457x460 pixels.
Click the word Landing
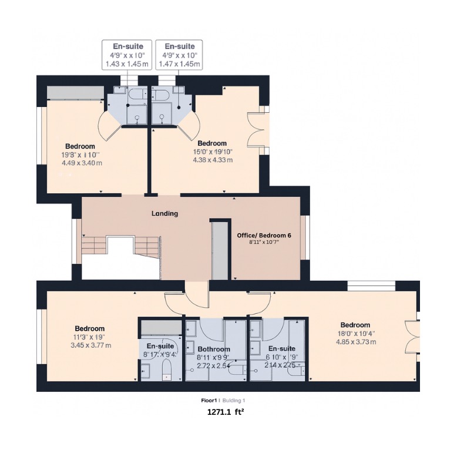pos(164,214)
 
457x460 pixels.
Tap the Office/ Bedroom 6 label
pos(264,235)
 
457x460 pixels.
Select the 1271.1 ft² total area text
pos(226,412)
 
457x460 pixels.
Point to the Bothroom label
pos(214,349)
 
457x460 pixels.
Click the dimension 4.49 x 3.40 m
pos(82,163)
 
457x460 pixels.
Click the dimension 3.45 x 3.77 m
pos(90,345)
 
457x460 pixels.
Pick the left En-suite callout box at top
pos(127,55)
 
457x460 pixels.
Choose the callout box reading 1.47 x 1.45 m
pos(179,55)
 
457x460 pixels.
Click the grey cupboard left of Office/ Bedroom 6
pos(220,250)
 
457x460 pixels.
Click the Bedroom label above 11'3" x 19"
pos(90,328)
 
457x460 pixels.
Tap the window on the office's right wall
pos(304,237)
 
